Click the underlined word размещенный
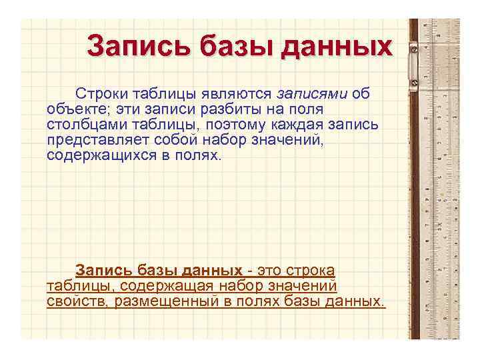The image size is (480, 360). pyautogui.click(x=158, y=301)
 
